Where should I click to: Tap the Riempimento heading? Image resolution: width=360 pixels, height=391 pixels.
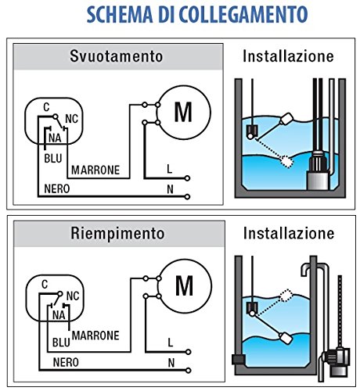pos(116,232)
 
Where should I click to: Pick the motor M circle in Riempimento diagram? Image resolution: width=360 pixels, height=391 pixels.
pos(183,286)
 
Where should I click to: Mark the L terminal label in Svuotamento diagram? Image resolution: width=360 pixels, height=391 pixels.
pos(170,168)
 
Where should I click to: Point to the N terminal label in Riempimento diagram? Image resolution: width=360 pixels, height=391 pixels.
pos(170,363)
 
